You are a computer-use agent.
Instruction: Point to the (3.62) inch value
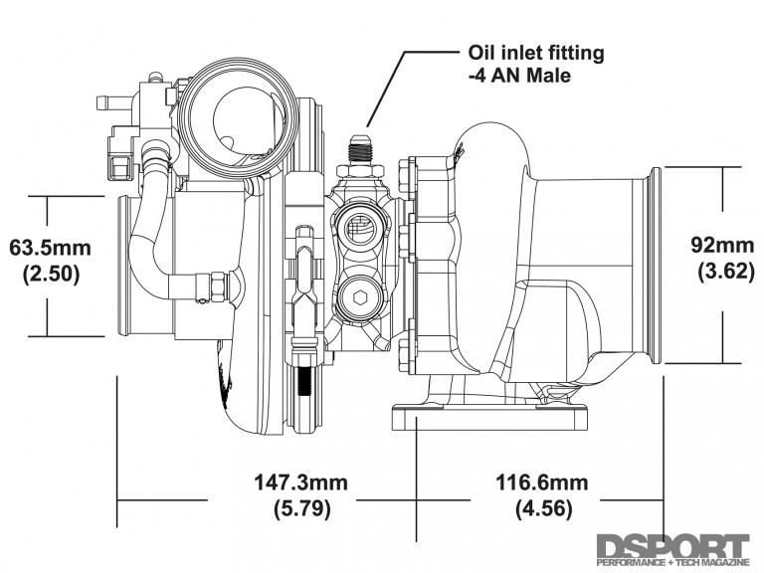click(x=716, y=271)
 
